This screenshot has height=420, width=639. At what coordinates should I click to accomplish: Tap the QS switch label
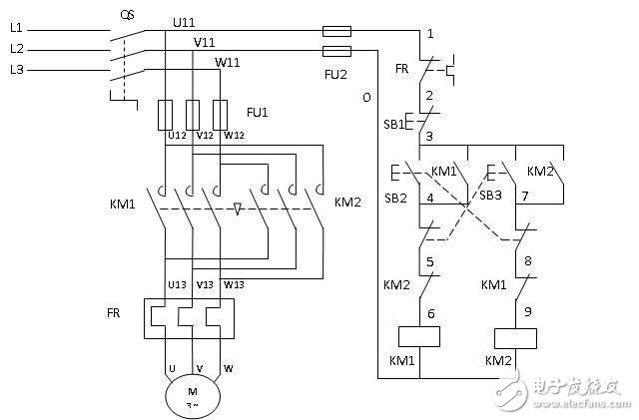(127, 15)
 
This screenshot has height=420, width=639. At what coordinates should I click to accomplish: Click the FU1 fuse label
(257, 111)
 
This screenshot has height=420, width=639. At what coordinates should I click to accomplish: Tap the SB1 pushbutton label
(395, 124)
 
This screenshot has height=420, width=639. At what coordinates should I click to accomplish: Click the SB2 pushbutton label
(395, 199)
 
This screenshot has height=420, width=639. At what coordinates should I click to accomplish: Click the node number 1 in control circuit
(429, 34)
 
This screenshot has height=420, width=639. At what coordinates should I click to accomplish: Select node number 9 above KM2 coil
(528, 309)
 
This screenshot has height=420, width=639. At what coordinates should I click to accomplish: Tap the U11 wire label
(186, 21)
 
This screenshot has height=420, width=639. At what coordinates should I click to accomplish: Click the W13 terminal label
(234, 283)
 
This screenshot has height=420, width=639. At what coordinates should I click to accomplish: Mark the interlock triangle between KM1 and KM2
(238, 210)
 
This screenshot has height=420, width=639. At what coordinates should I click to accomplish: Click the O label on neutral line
(366, 98)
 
